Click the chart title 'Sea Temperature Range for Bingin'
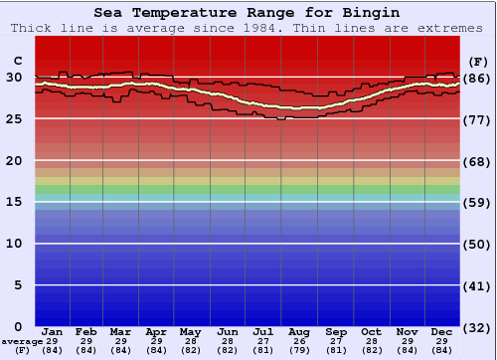click(x=248, y=13)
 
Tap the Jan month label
click(x=53, y=331)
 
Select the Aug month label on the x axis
click(x=299, y=331)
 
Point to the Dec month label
click(x=442, y=331)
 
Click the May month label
click(x=190, y=331)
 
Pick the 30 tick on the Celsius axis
click(x=14, y=78)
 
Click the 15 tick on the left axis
click(x=14, y=202)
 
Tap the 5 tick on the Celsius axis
click(x=18, y=285)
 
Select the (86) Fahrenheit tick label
click(x=477, y=78)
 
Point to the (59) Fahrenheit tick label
click(x=477, y=202)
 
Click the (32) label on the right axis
click(x=477, y=327)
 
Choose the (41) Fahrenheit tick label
click(x=477, y=285)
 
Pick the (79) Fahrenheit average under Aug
click(x=299, y=350)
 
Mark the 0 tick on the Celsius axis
click(x=18, y=327)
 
